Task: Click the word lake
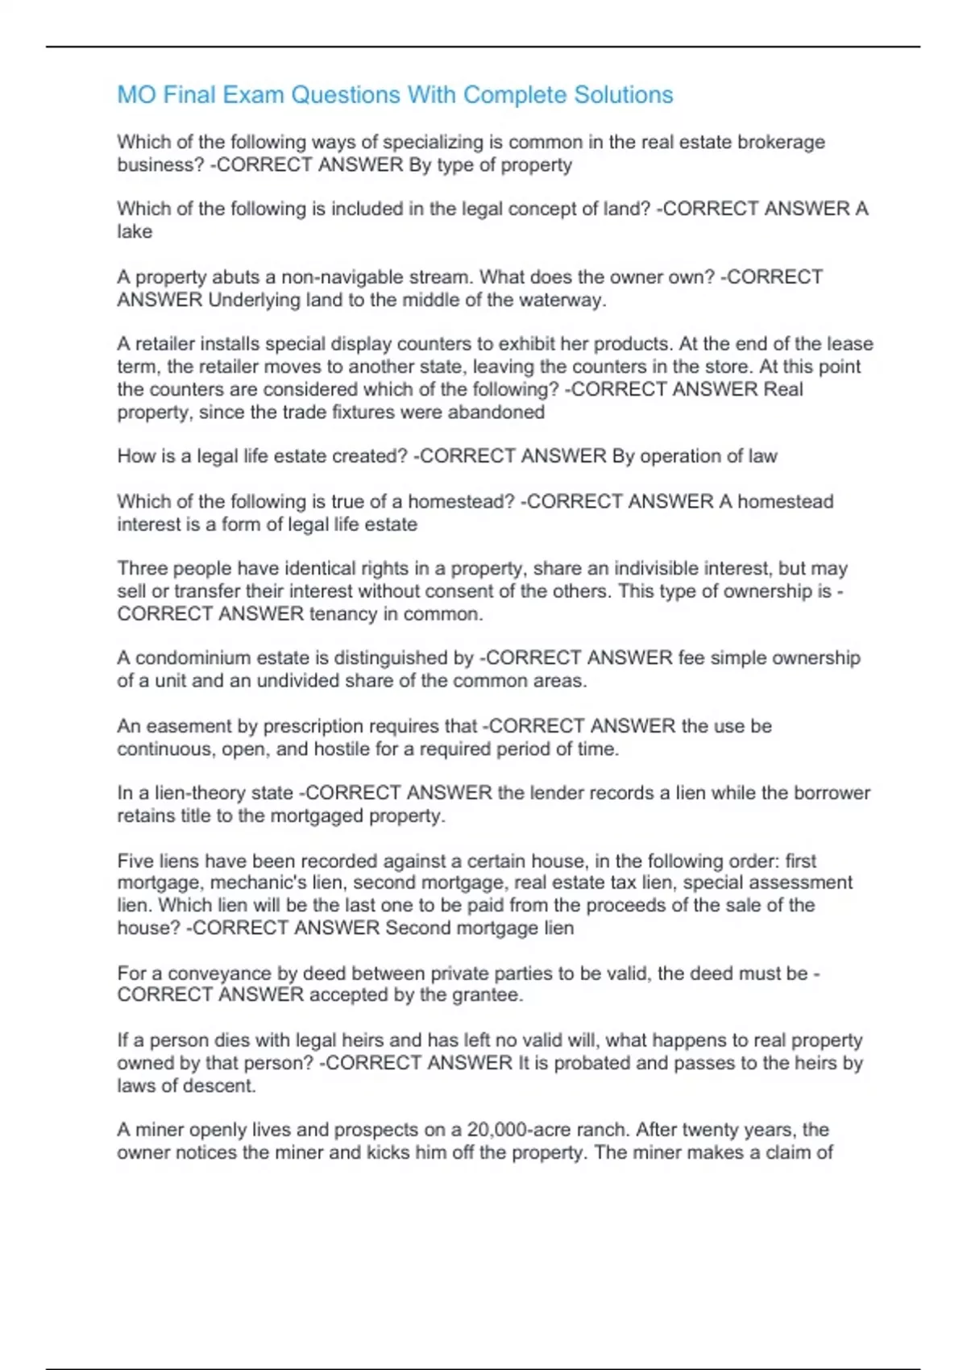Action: click(x=135, y=231)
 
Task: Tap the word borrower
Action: click(x=832, y=793)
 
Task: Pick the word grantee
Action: click(x=487, y=994)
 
